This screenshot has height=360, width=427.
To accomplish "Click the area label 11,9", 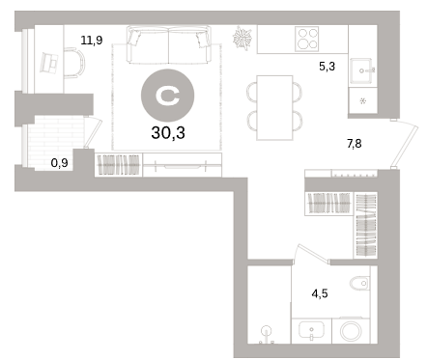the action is point(92,41).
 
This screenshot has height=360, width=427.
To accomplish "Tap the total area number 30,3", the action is point(168,132).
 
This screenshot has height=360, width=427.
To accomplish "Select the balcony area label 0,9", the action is point(60,163).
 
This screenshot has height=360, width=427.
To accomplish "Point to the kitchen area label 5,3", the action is point(327,67).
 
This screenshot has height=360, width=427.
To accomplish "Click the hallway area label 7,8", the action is point(355,144).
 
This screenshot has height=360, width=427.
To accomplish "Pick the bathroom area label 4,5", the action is point(320,293).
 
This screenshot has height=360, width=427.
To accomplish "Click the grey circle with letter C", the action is point(168,96).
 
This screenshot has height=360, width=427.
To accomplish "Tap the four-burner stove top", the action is point(307,39).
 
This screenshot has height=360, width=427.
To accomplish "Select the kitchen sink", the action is point(362,70).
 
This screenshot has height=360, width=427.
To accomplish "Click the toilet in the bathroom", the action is point(359,284).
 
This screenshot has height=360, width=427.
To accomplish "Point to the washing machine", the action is point(351,330).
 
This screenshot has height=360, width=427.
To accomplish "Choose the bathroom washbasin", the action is point(311,330).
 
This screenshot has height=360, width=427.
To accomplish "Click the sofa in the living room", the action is point(169,44).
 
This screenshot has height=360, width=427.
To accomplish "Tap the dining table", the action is point(274,108).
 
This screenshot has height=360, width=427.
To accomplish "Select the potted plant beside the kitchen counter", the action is point(242,38).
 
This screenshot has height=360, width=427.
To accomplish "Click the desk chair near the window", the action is point(75,63).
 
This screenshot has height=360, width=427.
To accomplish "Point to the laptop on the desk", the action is point(49,63).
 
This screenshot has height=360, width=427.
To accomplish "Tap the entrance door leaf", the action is point(405,144).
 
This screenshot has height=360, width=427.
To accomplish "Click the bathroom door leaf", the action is point(314,253).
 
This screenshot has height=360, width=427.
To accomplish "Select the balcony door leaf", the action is point(94,132).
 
